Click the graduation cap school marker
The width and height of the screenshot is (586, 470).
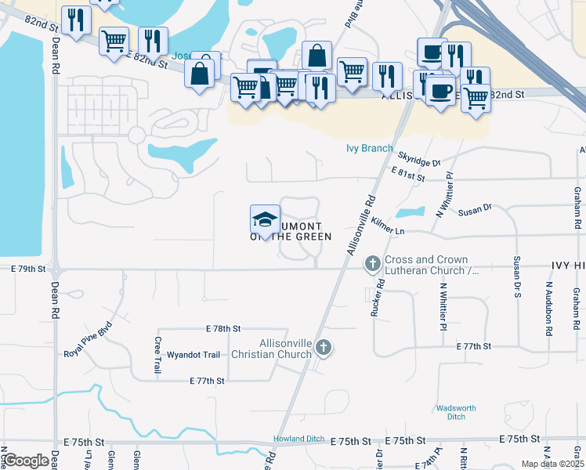point(265,219)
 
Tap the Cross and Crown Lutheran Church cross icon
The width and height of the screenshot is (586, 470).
point(373,265)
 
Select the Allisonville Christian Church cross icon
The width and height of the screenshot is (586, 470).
point(324,349)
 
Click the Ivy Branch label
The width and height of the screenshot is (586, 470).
point(369,148)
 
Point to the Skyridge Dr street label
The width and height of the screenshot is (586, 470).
point(419,160)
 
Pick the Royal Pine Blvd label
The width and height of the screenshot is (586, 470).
point(89,339)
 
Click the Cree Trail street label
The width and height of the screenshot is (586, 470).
point(157,355)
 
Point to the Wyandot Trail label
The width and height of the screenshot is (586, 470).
point(194,355)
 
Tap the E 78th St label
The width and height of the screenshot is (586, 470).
point(223,328)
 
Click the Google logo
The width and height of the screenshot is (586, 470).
point(26,461)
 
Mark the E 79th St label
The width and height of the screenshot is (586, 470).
point(29,269)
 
